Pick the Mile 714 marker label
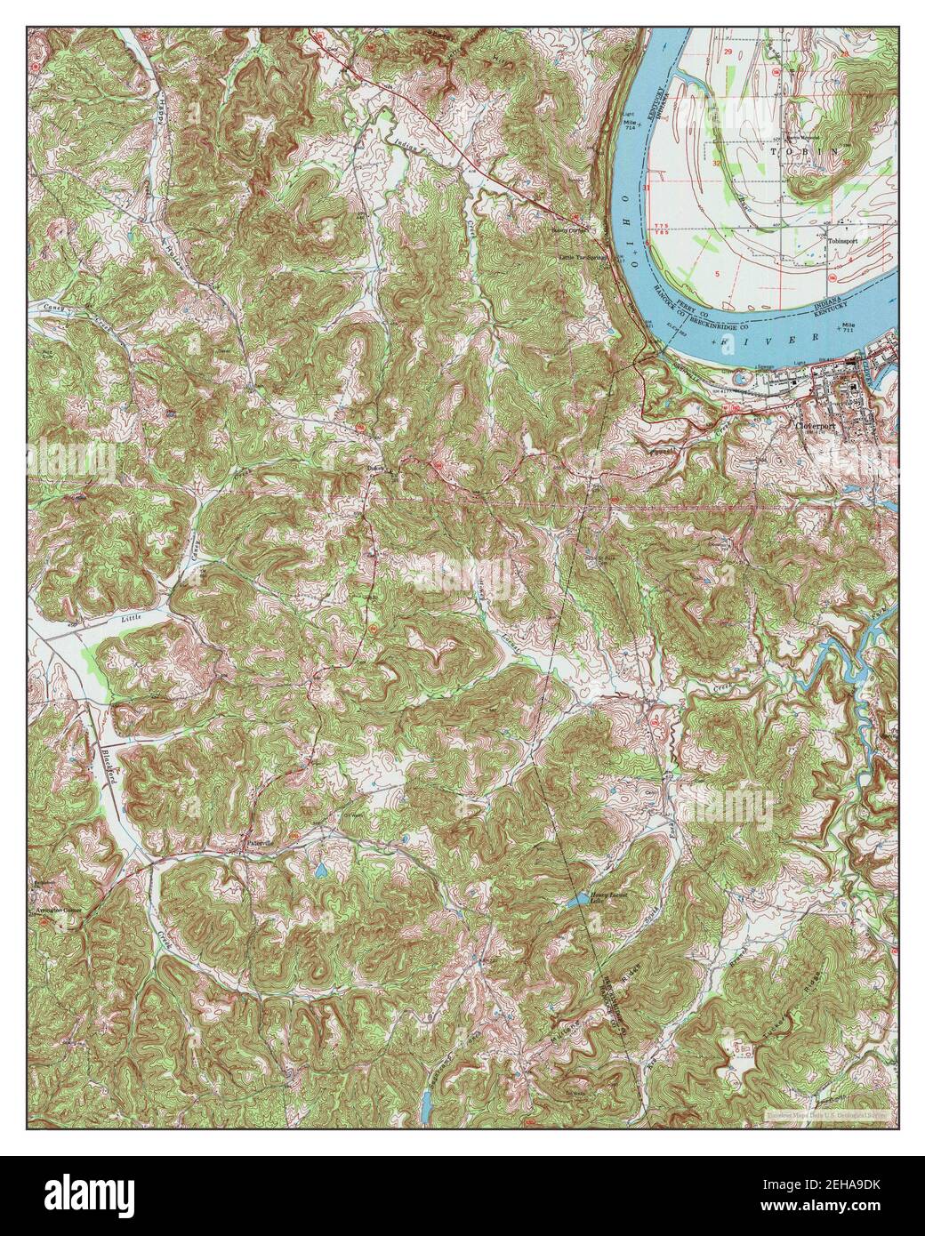pyautogui.click(x=631, y=124)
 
